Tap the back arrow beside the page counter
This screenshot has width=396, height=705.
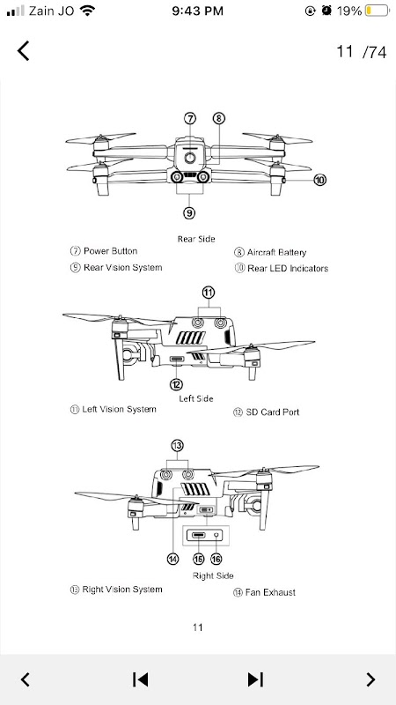click(24, 50)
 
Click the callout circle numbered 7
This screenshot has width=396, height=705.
click(190, 118)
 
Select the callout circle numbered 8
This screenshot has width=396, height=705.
click(218, 118)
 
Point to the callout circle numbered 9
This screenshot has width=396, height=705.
click(190, 212)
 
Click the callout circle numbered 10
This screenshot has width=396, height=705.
click(319, 180)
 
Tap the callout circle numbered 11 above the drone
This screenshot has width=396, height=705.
click(208, 293)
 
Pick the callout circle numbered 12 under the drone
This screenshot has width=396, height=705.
click(177, 384)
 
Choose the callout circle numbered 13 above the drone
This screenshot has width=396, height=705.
click(178, 446)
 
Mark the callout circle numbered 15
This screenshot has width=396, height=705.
click(199, 559)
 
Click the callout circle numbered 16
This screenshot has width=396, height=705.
click(216, 559)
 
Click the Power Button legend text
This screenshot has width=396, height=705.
click(111, 251)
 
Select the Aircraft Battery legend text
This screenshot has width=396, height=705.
click(276, 252)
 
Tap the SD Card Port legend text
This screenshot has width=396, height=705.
click(273, 412)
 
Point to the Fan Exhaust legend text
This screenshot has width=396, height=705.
click(270, 592)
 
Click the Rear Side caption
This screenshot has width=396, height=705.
click(196, 239)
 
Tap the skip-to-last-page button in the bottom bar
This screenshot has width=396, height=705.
click(255, 679)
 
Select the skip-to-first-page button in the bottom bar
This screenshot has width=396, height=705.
click(141, 679)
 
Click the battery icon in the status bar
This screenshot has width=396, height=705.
click(378, 11)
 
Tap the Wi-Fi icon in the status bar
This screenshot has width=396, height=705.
click(87, 11)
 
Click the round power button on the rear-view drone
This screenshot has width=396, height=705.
click(190, 158)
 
